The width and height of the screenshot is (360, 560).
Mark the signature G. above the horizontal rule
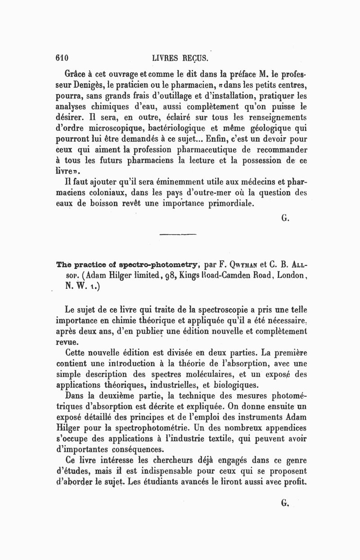tap(284, 219)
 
